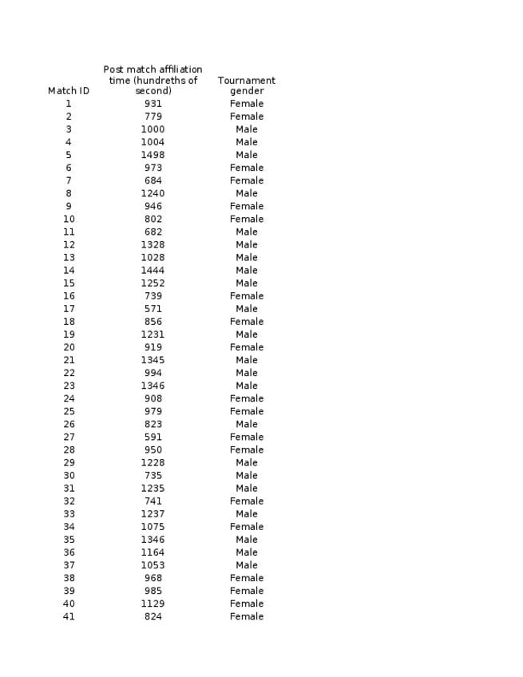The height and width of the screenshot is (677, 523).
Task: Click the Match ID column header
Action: [69, 91]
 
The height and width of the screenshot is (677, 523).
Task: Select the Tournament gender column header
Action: [247, 85]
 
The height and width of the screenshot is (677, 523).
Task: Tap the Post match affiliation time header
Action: [153, 80]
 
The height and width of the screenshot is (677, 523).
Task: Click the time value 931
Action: [153, 104]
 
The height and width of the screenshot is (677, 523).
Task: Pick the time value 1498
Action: [153, 155]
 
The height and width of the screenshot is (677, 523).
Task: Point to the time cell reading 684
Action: [153, 180]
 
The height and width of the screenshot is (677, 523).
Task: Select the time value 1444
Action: [153, 271]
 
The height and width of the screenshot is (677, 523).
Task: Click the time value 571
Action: [153, 309]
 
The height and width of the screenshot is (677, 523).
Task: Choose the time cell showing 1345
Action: [153, 360]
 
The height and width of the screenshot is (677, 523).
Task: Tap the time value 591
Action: [153, 437]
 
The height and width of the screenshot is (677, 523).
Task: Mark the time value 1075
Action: [153, 527]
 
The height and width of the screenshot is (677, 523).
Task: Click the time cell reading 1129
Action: [153, 604]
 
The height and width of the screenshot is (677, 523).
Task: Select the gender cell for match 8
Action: [247, 193]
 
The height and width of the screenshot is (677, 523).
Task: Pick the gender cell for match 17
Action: [247, 309]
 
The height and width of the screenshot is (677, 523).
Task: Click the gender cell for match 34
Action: [247, 527]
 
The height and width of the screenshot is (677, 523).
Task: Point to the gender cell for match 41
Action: [247, 616]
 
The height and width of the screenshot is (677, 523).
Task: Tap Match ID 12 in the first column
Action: [69, 245]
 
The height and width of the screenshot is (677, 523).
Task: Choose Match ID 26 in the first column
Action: [69, 424]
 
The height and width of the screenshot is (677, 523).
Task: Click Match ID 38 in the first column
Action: [69, 578]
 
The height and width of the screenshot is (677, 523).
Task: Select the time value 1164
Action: [153, 552]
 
